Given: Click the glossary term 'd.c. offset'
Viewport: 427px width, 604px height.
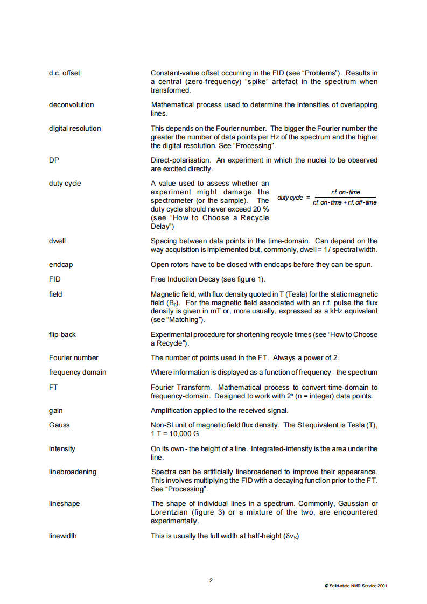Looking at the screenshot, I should click(64, 73).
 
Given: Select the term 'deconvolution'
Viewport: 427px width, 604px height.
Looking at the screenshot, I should click(71, 104).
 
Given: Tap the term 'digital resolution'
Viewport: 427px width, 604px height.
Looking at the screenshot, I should click(75, 128).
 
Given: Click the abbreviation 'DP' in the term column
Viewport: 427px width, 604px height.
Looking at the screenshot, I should click(54, 160).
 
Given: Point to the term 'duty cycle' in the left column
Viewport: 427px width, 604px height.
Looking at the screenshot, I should click(65, 183).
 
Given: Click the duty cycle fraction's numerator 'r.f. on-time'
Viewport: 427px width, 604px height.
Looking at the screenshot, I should click(345, 192).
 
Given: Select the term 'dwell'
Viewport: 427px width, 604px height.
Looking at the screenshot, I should click(57, 241).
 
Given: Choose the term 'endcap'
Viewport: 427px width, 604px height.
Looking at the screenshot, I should click(60, 264).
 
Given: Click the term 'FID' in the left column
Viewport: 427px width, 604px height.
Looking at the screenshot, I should click(55, 279).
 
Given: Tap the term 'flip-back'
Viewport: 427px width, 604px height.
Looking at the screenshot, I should click(62, 334).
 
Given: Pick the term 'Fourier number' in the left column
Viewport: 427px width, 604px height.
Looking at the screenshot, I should click(74, 357).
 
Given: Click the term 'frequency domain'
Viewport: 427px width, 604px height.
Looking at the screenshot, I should click(78, 372).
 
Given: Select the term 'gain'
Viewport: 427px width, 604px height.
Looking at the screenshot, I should click(55, 410).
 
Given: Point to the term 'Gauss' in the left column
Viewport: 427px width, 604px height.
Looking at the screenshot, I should click(59, 425).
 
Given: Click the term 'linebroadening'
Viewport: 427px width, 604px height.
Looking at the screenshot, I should click(73, 472).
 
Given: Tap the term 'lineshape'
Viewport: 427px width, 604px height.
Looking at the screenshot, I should click(64, 503).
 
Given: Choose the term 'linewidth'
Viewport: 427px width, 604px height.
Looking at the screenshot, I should click(62, 536).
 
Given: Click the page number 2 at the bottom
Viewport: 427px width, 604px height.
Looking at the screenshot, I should click(211, 580).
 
